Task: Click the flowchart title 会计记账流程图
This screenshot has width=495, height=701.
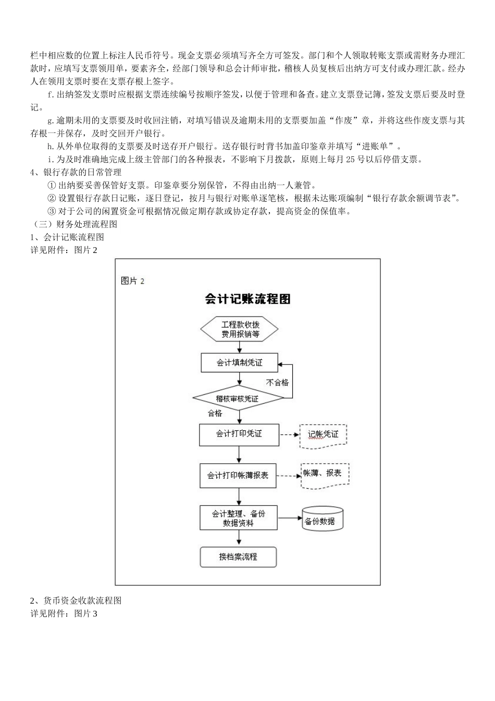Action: pos(247,299)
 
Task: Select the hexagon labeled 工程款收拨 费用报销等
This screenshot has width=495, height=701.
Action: pos(240,329)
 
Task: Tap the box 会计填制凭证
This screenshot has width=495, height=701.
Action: pos(239,362)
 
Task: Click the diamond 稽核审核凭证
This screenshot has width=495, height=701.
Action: pos(238,398)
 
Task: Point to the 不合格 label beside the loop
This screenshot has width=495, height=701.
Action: pos(277,382)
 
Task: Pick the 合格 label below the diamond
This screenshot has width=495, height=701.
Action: pos(215,413)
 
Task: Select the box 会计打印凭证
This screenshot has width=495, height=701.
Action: pos(239,434)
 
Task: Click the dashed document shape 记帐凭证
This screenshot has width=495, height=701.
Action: pos(323,435)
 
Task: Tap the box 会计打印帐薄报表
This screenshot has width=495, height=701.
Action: pos(238,476)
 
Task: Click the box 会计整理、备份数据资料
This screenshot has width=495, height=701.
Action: pos(239,518)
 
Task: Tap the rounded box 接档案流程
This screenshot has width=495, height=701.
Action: pos(238,557)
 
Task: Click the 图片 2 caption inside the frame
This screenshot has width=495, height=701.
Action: pos(132,281)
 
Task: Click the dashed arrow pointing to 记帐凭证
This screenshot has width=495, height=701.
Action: pos(290,434)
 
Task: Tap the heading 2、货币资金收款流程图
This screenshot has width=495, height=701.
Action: pos(76,600)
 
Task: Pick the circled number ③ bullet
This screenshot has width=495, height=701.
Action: pos(51,211)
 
